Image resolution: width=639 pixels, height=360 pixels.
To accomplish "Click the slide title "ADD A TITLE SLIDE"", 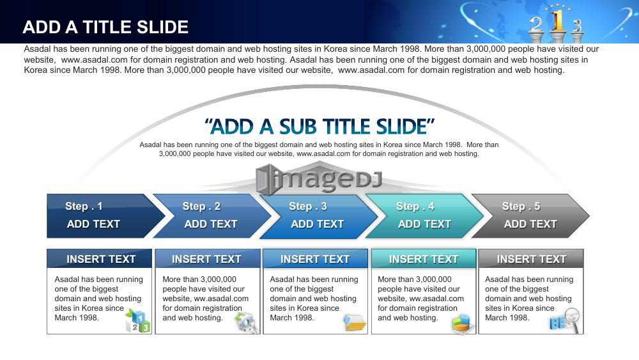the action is pyautogui.click(x=105, y=27).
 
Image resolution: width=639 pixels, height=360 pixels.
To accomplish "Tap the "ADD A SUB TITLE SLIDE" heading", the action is pyautogui.click(x=319, y=127).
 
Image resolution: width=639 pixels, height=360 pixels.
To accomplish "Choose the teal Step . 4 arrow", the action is pyautogui.click(x=425, y=215).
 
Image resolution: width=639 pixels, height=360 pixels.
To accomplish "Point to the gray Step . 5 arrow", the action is pyautogui.click(x=530, y=215).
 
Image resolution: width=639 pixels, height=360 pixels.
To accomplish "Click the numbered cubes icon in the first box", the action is pyautogui.click(x=138, y=320).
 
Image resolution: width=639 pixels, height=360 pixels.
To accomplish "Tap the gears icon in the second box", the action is pyautogui.click(x=247, y=322).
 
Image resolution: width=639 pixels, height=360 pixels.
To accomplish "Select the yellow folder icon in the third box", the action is pyautogui.click(x=355, y=322).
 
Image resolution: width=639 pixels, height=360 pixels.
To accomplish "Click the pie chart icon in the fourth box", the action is pyautogui.click(x=463, y=324).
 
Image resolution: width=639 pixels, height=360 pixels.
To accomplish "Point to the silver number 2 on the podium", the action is pyautogui.click(x=536, y=26).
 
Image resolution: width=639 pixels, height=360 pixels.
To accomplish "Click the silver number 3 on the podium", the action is pyautogui.click(x=577, y=26).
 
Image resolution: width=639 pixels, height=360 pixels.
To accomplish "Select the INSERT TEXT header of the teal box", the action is pyautogui.click(x=424, y=259).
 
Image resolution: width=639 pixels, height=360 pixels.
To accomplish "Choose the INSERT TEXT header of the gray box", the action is pyautogui.click(x=531, y=259).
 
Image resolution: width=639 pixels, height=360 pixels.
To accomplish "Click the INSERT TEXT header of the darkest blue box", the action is pyautogui.click(x=101, y=259).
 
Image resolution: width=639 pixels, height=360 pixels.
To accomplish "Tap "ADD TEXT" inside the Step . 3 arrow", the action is pyautogui.click(x=318, y=224).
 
